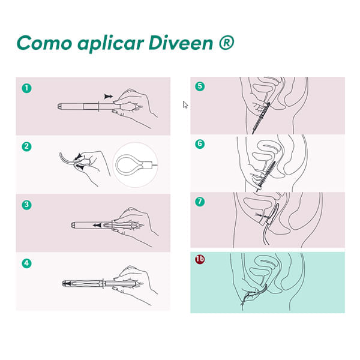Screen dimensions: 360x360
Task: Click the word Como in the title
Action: [44, 43]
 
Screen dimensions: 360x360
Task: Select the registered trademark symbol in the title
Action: [226, 42]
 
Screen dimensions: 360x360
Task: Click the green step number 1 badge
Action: [26, 88]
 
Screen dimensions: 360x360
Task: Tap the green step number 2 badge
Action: [26, 146]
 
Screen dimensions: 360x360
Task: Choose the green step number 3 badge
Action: [26, 205]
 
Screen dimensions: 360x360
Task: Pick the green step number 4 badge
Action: [26, 263]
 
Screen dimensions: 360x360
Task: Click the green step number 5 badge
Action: [200, 86]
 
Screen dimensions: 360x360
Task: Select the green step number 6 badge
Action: [200, 144]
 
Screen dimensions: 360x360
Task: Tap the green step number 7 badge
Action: [200, 202]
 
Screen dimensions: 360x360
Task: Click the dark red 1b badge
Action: [200, 259]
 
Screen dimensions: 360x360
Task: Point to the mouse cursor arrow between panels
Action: [185, 104]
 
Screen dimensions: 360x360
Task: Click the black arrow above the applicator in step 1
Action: [109, 97]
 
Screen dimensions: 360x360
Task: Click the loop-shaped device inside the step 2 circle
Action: [131, 164]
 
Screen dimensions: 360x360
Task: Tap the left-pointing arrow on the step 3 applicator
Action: [98, 225]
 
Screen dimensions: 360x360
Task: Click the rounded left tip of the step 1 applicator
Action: [59, 107]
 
